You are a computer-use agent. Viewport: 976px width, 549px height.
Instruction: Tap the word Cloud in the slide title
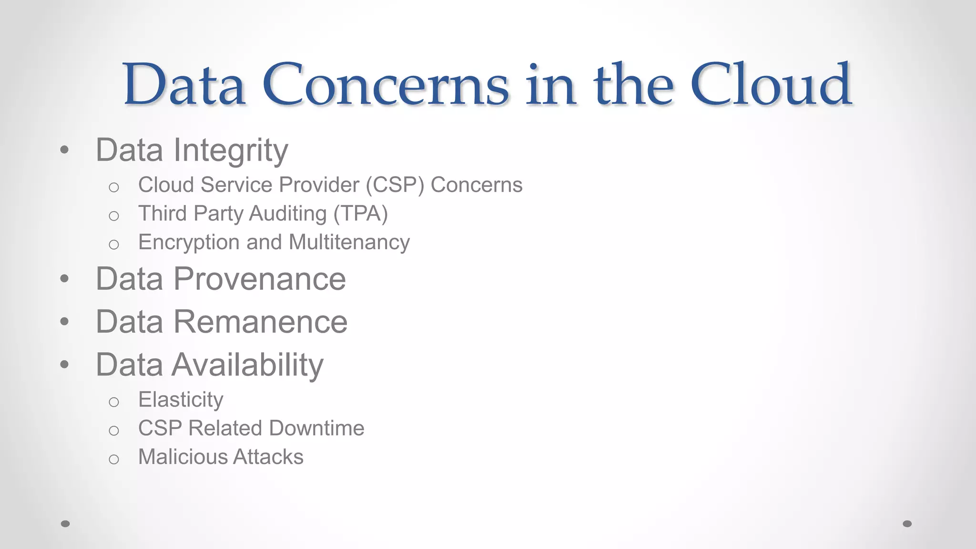point(771,85)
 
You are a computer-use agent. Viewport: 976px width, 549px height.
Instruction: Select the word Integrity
point(231,151)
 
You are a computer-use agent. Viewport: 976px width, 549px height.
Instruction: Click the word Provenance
point(259,279)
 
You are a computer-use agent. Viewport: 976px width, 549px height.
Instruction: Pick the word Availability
point(247,365)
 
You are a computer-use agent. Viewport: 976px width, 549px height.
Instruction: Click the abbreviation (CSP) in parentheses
point(395,185)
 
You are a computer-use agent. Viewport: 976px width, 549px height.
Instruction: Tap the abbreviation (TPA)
point(360,213)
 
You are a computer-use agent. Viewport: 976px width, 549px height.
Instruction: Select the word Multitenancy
point(349,242)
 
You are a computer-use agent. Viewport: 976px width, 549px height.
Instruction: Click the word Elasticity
point(181,399)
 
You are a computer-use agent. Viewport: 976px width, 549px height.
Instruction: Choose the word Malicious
point(183,457)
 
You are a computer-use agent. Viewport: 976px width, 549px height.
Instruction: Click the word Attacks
point(268,457)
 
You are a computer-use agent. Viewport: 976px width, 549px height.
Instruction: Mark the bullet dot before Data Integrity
point(65,150)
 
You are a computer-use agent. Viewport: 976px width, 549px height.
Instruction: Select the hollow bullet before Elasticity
point(113,402)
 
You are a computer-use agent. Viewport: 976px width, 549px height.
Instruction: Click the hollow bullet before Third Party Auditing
point(113,216)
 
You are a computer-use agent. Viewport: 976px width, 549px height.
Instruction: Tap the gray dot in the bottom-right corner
point(907,524)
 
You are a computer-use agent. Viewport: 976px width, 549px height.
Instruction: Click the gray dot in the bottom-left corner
point(66,524)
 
